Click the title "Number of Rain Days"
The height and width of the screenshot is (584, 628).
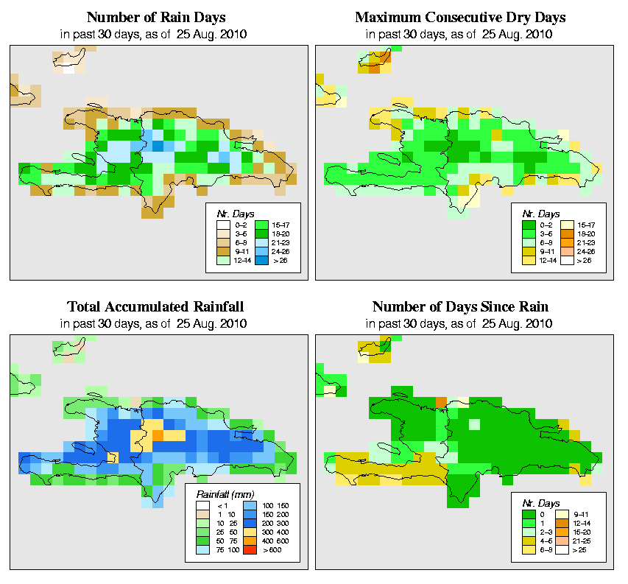(x=157, y=17)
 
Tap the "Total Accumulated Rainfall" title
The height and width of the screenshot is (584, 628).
(x=156, y=306)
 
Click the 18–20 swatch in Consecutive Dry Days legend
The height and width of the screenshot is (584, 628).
(x=568, y=232)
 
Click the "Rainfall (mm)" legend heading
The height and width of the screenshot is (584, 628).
(x=225, y=493)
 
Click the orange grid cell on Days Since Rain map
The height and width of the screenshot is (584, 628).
(x=441, y=401)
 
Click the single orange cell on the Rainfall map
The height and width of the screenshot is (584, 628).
(x=158, y=435)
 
